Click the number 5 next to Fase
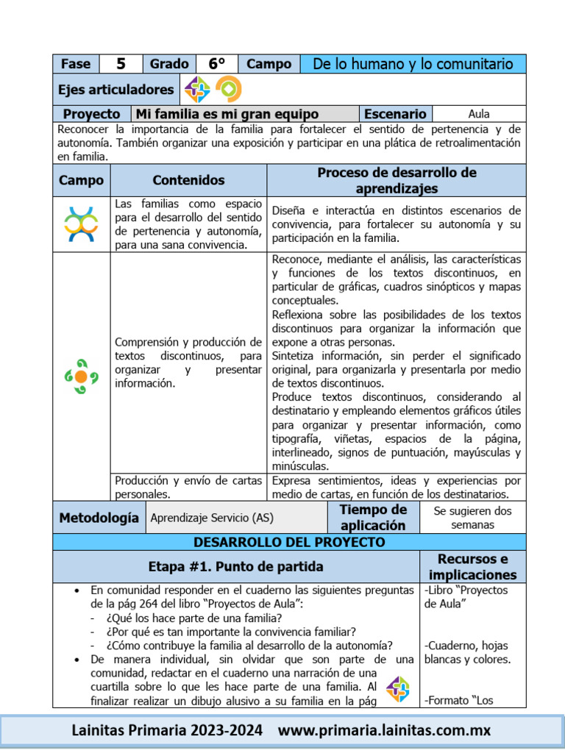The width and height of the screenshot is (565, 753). [x=121, y=64]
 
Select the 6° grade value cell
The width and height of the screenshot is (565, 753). [x=216, y=64]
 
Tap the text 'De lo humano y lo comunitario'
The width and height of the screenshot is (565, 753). [x=413, y=64]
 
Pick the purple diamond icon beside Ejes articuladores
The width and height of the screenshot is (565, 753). [x=197, y=90]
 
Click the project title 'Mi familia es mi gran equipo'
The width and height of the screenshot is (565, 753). [x=227, y=114]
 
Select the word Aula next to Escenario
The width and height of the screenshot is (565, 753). [x=479, y=114]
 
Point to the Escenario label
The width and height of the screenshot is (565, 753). [x=395, y=114]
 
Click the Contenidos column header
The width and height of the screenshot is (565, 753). [x=188, y=180]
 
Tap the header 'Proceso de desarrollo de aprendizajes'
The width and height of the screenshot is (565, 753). [x=397, y=180]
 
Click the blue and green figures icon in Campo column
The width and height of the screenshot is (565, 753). [x=81, y=224]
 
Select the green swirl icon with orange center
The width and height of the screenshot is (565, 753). [x=81, y=376]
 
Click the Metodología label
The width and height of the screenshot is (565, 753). [x=99, y=518]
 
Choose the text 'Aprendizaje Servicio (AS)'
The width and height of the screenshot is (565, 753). [x=212, y=518]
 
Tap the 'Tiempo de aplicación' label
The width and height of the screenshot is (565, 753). [x=373, y=518]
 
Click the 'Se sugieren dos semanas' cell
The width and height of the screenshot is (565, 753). [x=472, y=518]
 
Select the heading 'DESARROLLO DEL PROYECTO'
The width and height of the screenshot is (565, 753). [x=289, y=542]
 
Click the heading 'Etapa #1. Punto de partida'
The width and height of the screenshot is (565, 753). [x=235, y=566]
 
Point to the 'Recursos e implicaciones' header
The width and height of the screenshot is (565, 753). [x=472, y=566]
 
